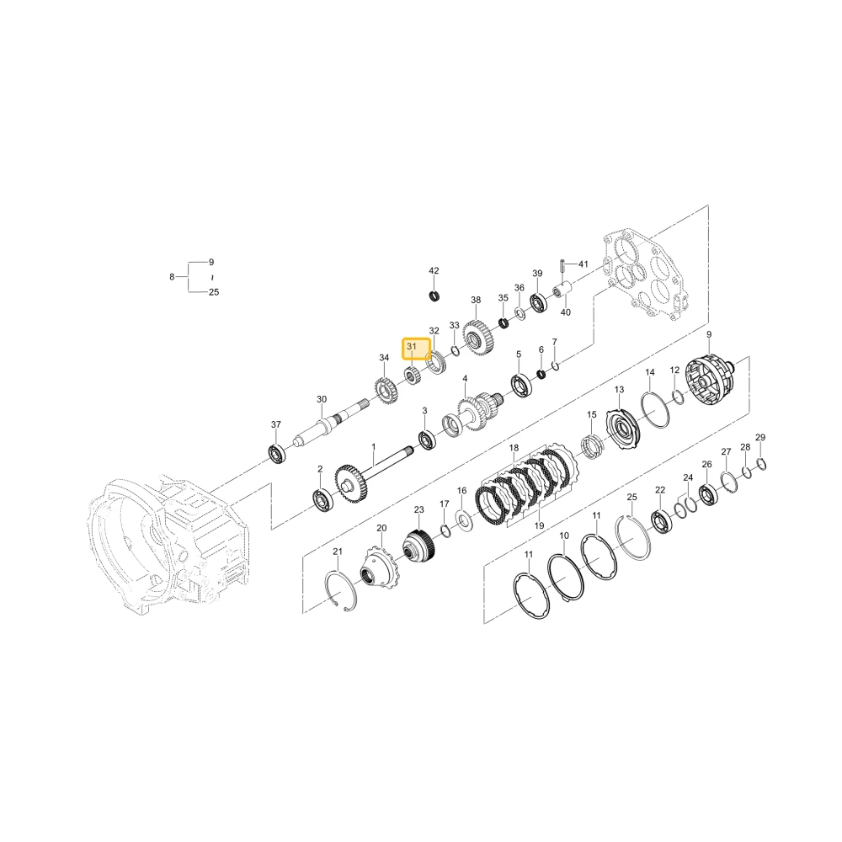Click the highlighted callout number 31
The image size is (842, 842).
point(412,347)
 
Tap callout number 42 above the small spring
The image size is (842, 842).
point(434,271)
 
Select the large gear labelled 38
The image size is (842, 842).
point(478,338)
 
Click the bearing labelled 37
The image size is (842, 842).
point(278,455)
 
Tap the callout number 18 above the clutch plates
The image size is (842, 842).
point(514,448)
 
